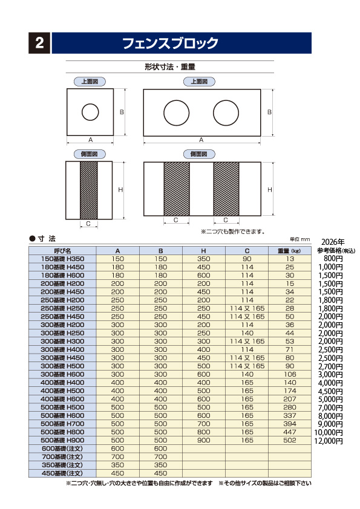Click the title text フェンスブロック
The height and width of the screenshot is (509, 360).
coord(170,43)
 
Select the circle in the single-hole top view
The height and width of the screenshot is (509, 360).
coord(90,112)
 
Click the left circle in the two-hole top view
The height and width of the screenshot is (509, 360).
coord(176,112)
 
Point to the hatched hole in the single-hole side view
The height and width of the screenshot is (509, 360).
coord(89,190)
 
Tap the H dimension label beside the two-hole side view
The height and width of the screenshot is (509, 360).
coord(270,190)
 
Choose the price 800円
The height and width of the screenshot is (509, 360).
coord(333,258)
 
